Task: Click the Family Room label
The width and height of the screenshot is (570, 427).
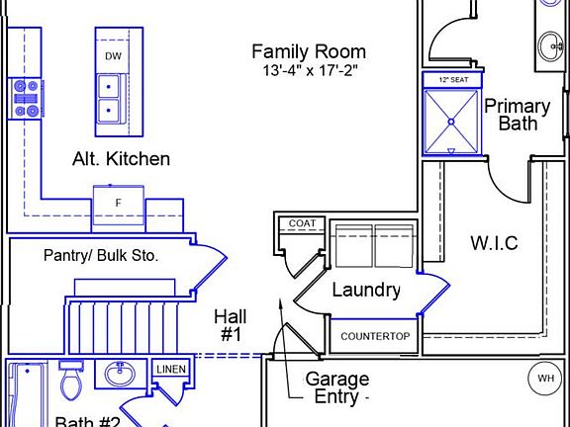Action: pos(308,51)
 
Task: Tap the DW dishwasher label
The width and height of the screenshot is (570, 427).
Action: pos(114,56)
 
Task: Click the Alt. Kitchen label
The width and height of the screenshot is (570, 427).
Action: pos(121,158)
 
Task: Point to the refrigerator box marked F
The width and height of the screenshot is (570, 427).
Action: pos(119,203)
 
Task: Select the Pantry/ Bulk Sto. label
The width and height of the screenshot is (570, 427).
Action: pos(101,255)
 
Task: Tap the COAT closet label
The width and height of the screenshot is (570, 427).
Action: pos(301,224)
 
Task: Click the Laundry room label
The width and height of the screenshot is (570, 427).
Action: pos(365,290)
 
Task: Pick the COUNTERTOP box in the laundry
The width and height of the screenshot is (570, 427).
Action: pos(374,336)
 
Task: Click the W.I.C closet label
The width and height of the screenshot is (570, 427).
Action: pos(493,243)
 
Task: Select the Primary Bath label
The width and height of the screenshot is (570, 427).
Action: pos(517,115)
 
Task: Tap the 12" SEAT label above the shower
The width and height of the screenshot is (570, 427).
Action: pos(448,79)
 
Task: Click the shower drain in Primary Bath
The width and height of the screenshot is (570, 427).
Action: pos(450,121)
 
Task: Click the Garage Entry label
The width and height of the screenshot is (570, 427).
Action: pos(335,387)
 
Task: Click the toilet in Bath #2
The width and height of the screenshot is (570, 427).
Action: pos(70,381)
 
